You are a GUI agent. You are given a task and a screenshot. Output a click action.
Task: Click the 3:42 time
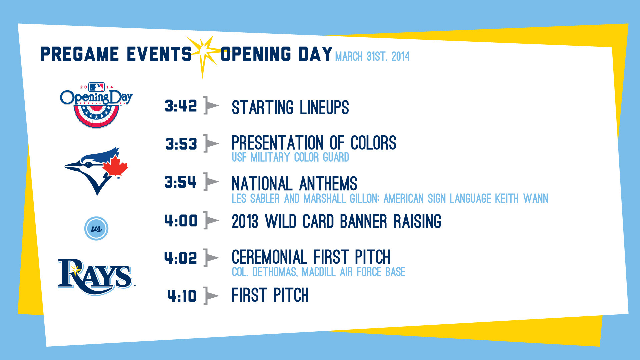pos(181,106)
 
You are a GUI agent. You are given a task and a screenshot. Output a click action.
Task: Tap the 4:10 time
pos(182,296)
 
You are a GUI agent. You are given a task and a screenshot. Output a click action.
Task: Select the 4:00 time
pos(181,221)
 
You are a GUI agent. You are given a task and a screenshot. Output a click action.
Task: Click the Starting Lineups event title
pos(290,107)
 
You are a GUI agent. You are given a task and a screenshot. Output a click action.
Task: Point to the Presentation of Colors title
pos(314,143)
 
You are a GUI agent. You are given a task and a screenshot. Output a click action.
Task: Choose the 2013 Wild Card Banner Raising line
pos(337,221)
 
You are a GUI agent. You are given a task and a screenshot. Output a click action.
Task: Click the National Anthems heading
pos(294,183)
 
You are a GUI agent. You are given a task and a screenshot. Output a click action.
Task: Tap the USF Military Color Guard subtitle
pos(290,157)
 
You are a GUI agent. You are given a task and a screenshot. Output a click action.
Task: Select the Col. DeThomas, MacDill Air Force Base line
pos(319,272)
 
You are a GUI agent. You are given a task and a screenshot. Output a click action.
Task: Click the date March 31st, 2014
pos(372,56)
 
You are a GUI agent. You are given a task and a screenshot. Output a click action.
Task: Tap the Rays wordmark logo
pos(96,277)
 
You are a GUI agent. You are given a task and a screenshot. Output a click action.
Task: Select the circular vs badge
pos(96,229)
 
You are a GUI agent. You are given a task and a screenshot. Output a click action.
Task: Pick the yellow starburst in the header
pos(203,55)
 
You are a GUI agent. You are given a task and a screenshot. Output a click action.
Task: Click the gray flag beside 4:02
pos(211,258)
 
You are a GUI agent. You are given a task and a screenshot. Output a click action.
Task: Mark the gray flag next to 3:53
pos(211,143)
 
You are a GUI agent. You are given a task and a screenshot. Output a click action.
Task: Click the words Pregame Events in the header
pos(116,54)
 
